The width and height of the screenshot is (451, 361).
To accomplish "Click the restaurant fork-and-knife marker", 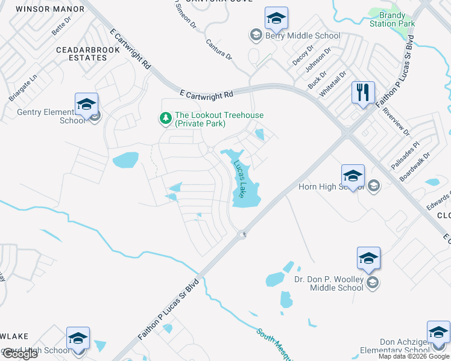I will click(363, 93).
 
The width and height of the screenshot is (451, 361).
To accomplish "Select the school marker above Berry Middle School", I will click(276, 19).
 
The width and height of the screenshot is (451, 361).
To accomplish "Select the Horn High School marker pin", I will click(353, 176).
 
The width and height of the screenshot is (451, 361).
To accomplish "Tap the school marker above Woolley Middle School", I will click(368, 259).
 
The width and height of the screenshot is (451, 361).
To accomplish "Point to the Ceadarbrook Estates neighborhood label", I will click(81, 54).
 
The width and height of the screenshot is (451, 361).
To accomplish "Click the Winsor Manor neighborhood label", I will click(40, 9).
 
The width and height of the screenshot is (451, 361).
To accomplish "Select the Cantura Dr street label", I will click(219, 50).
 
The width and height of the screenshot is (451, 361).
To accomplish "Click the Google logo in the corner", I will click(20, 354).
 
